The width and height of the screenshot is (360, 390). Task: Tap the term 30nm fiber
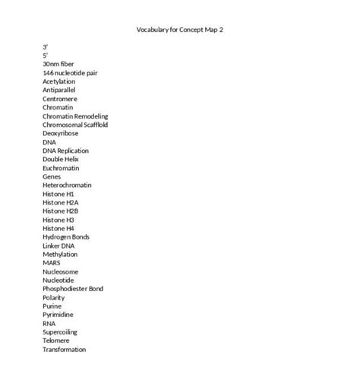59,64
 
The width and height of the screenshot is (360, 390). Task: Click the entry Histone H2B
61,211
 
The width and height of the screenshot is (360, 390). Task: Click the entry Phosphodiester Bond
73,289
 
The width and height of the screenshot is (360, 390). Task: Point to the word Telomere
57,341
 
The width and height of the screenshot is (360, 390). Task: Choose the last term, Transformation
65,350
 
